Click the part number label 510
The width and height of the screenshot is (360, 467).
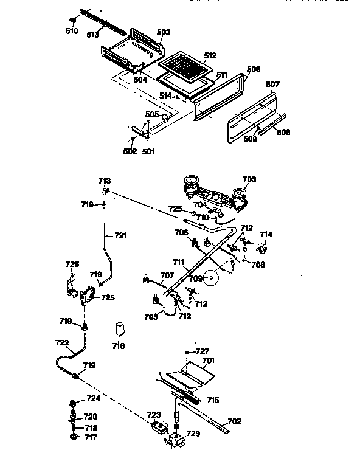72,30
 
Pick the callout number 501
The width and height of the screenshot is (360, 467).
148,152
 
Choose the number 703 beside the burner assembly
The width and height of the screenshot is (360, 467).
249,179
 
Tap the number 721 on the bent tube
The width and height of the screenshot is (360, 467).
122,235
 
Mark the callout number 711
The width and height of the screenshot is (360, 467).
178,263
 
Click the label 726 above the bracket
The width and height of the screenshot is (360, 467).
72,264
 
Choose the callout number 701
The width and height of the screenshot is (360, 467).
209,360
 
